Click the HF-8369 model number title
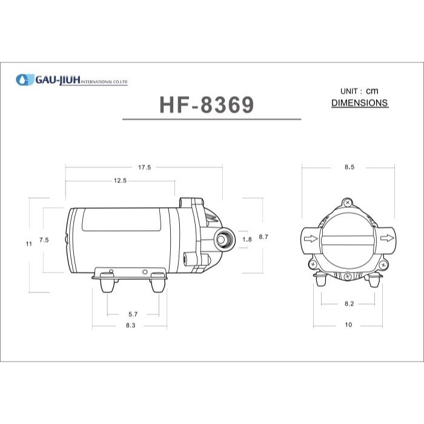point(207,105)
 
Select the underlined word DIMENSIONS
point(360,103)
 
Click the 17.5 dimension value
point(144,167)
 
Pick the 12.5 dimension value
point(119,181)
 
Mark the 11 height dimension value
point(28,243)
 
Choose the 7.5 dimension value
point(44,240)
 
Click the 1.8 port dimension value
point(247,240)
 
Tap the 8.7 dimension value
point(263,237)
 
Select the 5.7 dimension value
point(133,314)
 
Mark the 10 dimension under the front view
point(348,325)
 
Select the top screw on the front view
point(347,203)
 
